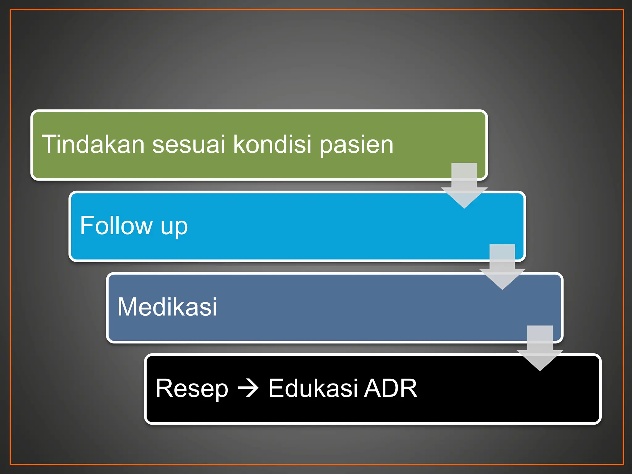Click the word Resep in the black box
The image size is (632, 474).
[192, 389]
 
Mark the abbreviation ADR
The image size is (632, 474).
[391, 388]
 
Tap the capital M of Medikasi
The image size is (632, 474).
[127, 307]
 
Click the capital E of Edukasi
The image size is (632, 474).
[275, 388]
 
